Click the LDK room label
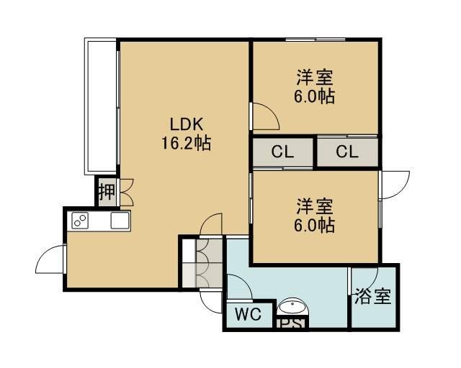(x=187, y=124)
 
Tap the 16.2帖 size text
(x=187, y=143)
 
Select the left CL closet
(x=282, y=152)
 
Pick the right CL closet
(x=347, y=152)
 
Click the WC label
(x=249, y=314)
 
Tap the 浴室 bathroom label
(x=373, y=296)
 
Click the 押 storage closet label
(x=107, y=192)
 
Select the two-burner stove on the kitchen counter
(x=80, y=221)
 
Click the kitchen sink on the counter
(x=120, y=221)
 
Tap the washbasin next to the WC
(x=292, y=307)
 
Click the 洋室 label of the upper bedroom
(x=315, y=77)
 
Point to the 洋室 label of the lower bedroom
(x=315, y=206)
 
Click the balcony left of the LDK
(x=101, y=106)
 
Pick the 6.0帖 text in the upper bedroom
(x=315, y=96)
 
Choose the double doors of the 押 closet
(x=127, y=192)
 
